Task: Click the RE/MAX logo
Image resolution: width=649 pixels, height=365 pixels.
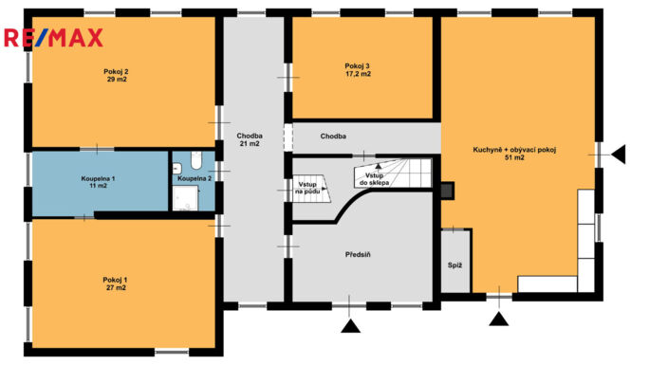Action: tap(53, 38)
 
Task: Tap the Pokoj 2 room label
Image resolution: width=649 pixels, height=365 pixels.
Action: tap(116, 75)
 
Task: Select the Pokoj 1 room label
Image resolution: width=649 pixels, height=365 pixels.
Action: tap(116, 284)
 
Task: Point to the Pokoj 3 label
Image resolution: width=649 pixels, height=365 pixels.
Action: tap(358, 70)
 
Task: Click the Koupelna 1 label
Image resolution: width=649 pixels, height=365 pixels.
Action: tap(98, 182)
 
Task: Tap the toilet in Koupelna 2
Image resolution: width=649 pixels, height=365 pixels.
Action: tap(196, 160)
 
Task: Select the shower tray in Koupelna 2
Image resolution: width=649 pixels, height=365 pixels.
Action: tap(185, 198)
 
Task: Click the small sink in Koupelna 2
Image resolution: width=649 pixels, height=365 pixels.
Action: tap(177, 168)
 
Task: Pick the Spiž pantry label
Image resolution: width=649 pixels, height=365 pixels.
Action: tap(454, 265)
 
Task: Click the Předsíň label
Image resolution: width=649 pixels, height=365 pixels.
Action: tap(358, 255)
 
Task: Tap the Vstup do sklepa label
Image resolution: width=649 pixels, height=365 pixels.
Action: tap(374, 179)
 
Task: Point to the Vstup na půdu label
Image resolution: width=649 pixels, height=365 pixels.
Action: tap(307, 188)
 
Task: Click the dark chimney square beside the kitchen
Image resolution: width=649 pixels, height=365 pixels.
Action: tap(447, 191)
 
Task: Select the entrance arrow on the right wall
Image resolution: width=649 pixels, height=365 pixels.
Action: tap(619, 155)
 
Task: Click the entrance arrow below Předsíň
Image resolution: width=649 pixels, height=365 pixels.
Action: tap(350, 326)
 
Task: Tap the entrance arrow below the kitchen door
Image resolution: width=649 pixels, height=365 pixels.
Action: tap(499, 319)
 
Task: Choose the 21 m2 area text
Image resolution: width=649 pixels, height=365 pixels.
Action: tap(250, 143)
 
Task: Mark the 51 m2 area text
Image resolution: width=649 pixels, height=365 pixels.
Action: tap(514, 157)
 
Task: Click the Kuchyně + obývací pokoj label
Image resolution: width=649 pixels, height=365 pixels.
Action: tap(514, 150)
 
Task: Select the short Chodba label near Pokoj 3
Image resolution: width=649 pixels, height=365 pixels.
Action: tap(333, 136)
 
